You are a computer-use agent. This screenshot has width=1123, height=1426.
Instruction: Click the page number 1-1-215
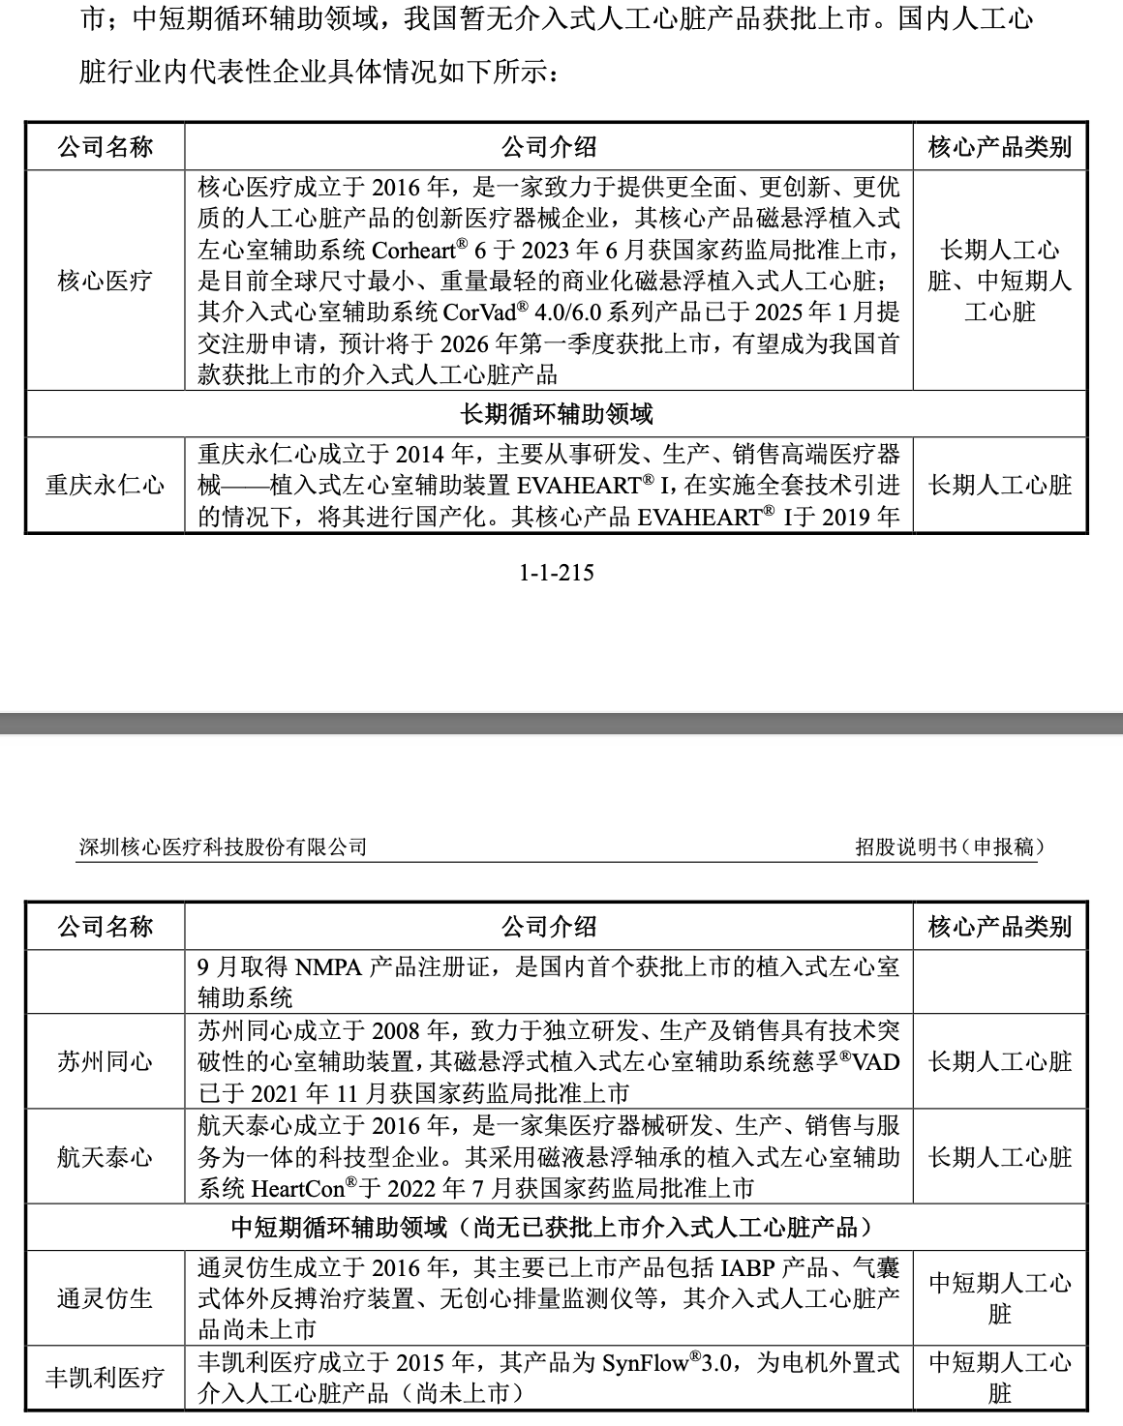[x=556, y=573]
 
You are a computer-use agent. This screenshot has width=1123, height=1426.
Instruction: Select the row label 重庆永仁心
[x=105, y=485]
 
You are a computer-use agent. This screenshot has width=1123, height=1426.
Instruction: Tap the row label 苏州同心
[x=105, y=1061]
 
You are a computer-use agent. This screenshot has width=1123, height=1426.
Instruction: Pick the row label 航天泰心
[x=105, y=1156]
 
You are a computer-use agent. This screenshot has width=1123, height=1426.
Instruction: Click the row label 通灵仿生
[x=105, y=1297]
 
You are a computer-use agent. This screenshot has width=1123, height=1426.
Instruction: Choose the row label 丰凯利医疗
[x=105, y=1377]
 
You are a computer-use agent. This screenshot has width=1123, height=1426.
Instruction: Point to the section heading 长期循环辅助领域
[x=556, y=414]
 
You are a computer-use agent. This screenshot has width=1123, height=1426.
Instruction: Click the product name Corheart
[x=414, y=251]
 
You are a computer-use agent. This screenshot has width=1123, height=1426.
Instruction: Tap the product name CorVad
[x=479, y=312]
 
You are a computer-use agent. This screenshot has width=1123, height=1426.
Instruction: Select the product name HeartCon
[x=298, y=1188]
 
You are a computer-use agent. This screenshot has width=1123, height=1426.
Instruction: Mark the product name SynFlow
[x=645, y=1363]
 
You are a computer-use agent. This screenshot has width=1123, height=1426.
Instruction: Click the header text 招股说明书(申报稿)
[x=949, y=847]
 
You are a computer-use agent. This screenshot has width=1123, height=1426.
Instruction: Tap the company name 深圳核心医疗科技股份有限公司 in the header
[x=224, y=847]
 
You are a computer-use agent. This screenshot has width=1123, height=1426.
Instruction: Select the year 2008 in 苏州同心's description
[x=400, y=1030]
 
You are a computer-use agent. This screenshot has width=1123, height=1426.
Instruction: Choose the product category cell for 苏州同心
[x=1000, y=1061]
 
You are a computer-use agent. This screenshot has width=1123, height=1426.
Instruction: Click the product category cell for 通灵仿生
[x=1000, y=1297]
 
